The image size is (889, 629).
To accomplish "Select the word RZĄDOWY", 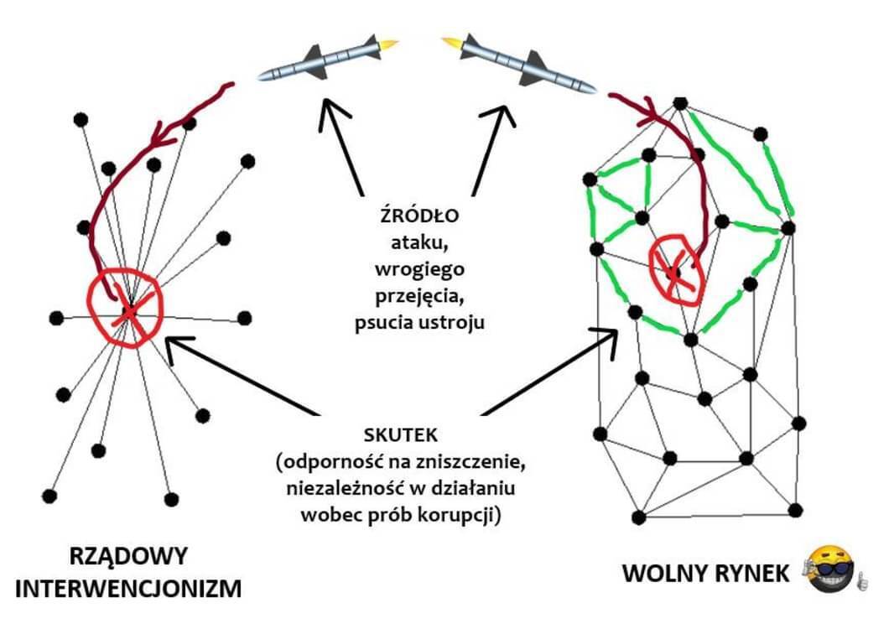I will (128, 556).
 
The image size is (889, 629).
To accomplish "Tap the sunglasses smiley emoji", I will (830, 569).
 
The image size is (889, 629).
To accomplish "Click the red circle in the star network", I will (125, 306).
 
